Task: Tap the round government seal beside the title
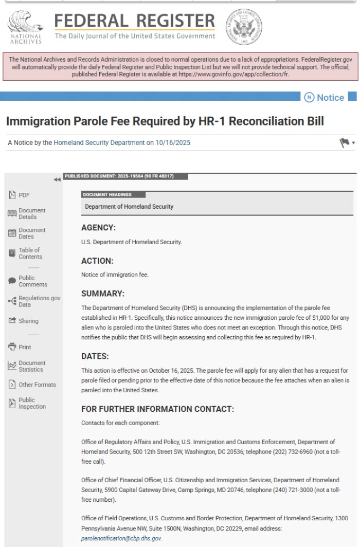pyautogui.click(x=244, y=27)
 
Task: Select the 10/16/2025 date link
pyautogui.click(x=173, y=142)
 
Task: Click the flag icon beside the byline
pyautogui.click(x=345, y=142)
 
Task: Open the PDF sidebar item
pyautogui.click(x=24, y=195)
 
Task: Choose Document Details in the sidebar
pyautogui.click(x=31, y=213)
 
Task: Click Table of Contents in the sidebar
pyautogui.click(x=30, y=253)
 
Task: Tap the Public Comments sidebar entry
pyautogui.click(x=32, y=281)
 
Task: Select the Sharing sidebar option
pyautogui.click(x=28, y=321)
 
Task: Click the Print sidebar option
pyautogui.click(x=25, y=347)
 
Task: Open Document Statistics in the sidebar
pyautogui.click(x=30, y=366)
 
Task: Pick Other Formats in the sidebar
pyautogui.click(x=37, y=385)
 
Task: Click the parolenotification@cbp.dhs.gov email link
pyautogui.click(x=121, y=538)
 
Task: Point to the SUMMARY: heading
pyautogui.click(x=103, y=294)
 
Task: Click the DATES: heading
pyautogui.click(x=95, y=356)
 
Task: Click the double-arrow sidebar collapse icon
pyautogui.click(x=57, y=179)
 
